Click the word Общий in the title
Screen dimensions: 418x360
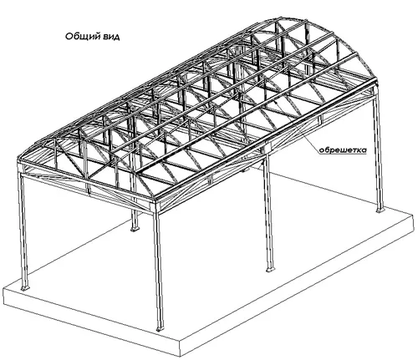pos(83,36)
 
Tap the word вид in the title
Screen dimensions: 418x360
pos(111,37)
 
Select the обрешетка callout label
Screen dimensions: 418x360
pos(343,150)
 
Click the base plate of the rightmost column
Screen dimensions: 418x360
pos(380,210)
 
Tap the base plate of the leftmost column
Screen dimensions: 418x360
pos(25,287)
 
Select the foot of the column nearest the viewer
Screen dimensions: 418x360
pos(160,327)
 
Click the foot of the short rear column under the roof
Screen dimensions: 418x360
pos(135,228)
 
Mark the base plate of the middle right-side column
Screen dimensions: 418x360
pos(269,269)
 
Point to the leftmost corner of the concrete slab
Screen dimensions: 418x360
pos(3,289)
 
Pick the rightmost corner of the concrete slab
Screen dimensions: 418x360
pos(413,214)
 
